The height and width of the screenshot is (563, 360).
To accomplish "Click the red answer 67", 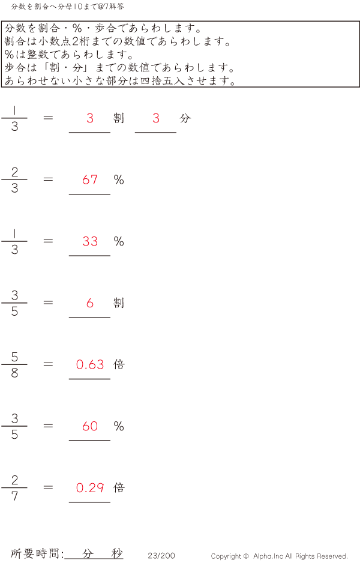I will (x=90, y=179).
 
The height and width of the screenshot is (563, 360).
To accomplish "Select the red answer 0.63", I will (x=90, y=364).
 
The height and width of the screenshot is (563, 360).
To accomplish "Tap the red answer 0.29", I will (x=90, y=488).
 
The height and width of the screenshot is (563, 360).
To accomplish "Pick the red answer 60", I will (x=90, y=426).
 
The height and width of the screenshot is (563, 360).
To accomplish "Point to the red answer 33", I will (x=90, y=241).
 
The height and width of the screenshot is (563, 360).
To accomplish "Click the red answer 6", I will (x=90, y=303).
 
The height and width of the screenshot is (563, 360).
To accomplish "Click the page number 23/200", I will (x=161, y=556).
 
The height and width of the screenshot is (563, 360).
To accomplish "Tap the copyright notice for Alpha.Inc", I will (x=279, y=556).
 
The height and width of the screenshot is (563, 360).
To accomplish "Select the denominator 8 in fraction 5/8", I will (x=14, y=373).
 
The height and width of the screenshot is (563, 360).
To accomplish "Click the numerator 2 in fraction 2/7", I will (x=14, y=480).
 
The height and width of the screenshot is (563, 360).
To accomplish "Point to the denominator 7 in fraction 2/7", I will (x=14, y=496).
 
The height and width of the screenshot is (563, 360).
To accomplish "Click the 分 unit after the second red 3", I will (x=185, y=118).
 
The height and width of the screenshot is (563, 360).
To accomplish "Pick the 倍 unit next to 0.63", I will (x=119, y=364).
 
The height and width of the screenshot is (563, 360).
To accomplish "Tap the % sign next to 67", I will (x=119, y=179).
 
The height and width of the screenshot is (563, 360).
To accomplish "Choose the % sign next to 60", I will (x=119, y=426).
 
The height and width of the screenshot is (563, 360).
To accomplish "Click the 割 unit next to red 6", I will (x=119, y=303).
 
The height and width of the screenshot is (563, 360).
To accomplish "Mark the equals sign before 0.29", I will (x=49, y=487).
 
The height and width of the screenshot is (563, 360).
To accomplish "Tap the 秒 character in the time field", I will (x=117, y=553).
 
